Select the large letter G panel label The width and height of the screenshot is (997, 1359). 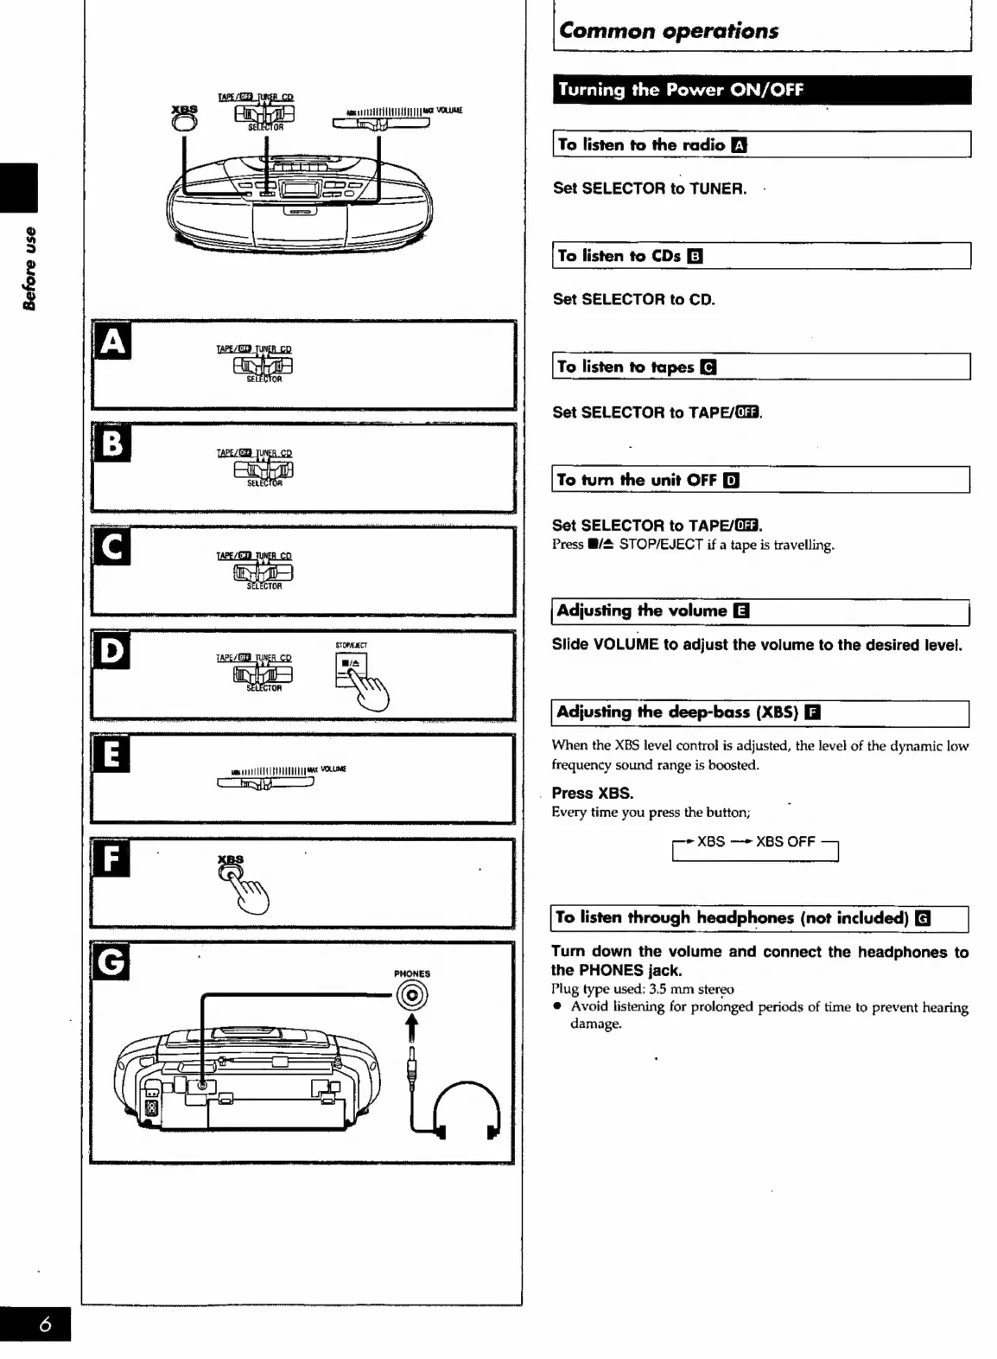click(111, 961)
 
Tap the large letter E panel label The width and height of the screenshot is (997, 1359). click(111, 754)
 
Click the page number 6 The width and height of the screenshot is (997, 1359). click(45, 1325)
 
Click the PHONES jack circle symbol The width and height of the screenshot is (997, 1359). click(412, 997)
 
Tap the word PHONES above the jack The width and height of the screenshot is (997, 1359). click(412, 973)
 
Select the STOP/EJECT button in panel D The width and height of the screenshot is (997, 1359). click(352, 668)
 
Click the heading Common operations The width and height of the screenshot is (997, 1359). click(668, 31)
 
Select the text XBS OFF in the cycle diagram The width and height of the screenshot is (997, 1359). click(785, 841)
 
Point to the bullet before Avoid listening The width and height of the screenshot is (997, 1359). click(559, 1007)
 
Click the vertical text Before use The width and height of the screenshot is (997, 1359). click(29, 268)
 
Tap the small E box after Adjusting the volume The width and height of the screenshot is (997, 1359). click(740, 611)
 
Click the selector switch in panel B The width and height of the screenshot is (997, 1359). click(263, 469)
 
